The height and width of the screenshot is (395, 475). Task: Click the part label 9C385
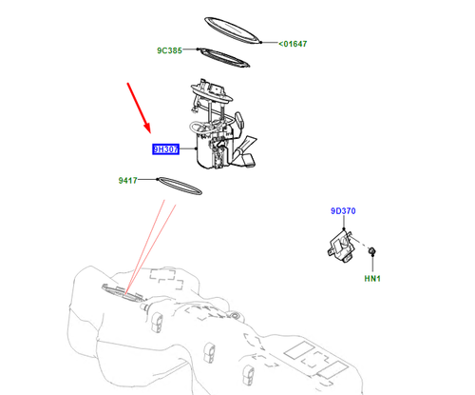click(x=169, y=50)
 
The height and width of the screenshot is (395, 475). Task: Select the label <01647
click(x=293, y=44)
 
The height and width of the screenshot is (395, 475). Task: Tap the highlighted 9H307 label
click(x=165, y=149)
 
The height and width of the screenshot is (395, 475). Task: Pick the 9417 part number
click(x=127, y=180)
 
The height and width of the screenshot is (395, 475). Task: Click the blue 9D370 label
click(x=343, y=211)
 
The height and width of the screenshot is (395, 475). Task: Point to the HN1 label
click(x=372, y=279)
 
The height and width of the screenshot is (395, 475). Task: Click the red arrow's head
click(x=147, y=128)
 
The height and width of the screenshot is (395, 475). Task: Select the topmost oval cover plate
click(x=232, y=30)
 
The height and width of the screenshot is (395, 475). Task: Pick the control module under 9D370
click(x=340, y=247)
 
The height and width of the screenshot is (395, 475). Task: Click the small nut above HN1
click(x=372, y=251)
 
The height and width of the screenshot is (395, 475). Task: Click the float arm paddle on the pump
click(x=239, y=119)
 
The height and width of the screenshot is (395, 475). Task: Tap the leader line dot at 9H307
click(x=197, y=148)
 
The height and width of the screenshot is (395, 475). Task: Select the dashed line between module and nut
click(x=360, y=242)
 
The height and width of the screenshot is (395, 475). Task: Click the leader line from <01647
click(x=269, y=42)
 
